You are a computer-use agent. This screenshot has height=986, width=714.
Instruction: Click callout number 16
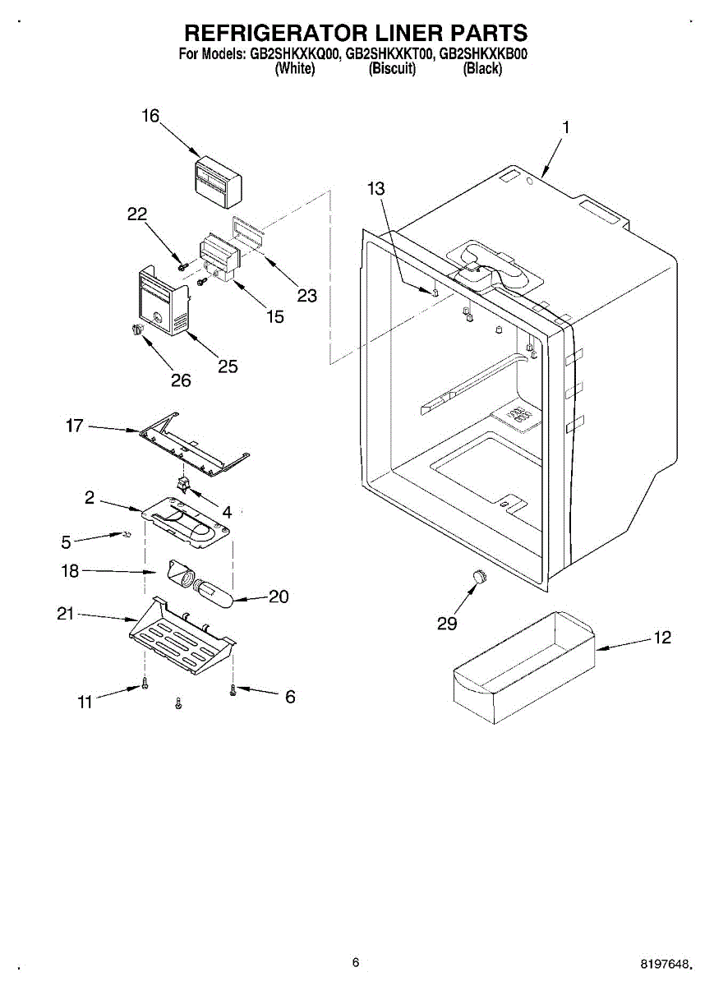150,116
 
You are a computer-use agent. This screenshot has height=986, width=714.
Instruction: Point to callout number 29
447,624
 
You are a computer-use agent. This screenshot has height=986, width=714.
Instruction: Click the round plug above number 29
477,577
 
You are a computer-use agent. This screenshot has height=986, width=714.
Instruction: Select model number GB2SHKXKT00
390,55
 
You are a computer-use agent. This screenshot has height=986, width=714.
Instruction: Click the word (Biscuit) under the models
392,69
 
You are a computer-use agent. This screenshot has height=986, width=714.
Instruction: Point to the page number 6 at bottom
355,962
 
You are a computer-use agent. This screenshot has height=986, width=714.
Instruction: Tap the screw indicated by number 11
145,684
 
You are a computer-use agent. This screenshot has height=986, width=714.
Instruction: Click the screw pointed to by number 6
233,690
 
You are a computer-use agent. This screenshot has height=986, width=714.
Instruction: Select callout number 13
375,189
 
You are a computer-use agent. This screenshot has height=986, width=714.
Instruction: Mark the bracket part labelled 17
195,443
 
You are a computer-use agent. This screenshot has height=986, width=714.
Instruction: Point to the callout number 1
565,127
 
